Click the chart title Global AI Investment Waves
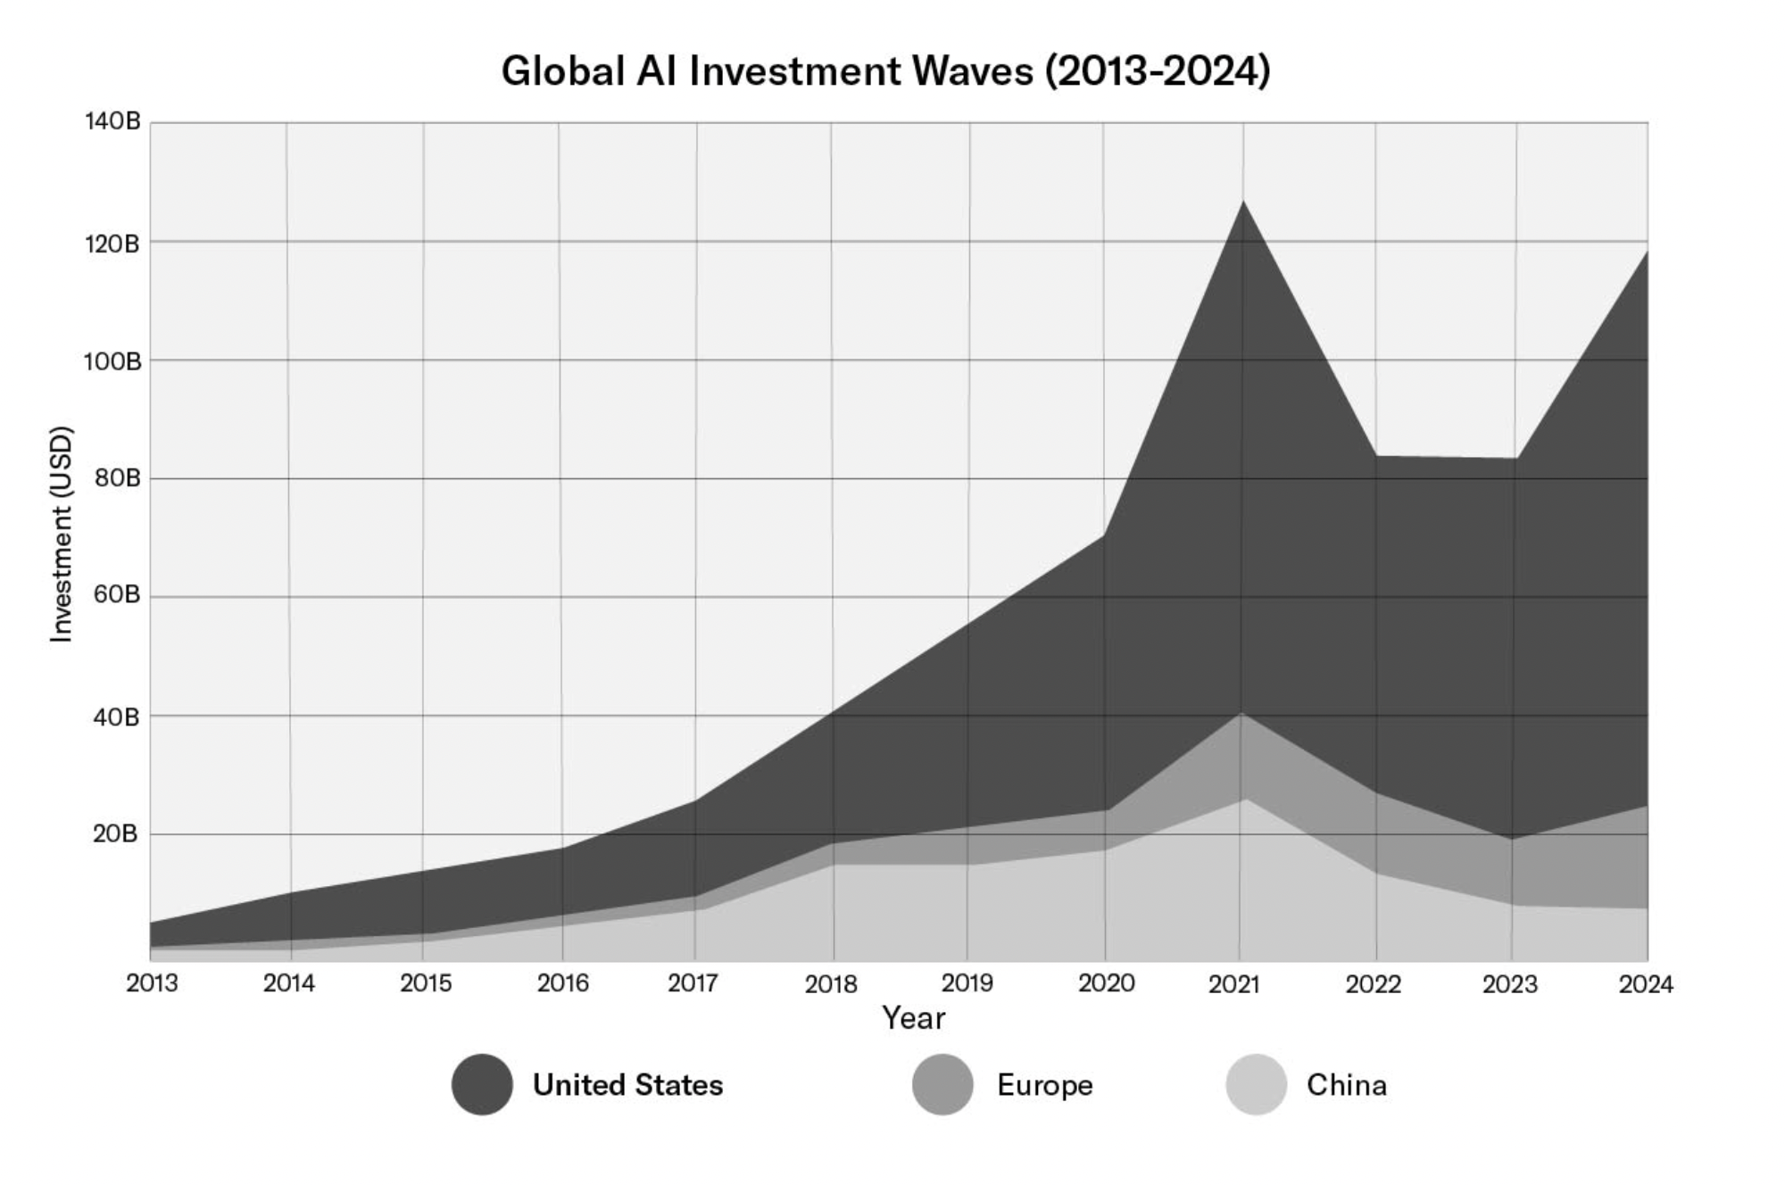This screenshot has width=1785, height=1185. coord(885,71)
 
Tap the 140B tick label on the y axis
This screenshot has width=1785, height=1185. coord(113,121)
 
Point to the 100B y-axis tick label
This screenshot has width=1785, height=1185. coord(113,361)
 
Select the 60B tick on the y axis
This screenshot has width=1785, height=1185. coord(117,595)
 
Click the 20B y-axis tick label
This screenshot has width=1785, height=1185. coord(116,834)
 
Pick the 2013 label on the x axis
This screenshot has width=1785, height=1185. coord(152,983)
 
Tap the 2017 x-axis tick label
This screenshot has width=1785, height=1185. coord(693,983)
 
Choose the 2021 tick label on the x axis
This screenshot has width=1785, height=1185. coord(1234,984)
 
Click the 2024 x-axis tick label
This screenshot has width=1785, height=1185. coord(1646,984)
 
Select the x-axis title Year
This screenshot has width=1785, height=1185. coord(913,1018)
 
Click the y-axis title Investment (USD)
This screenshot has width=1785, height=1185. coord(61,534)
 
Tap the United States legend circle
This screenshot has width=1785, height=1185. coord(482,1084)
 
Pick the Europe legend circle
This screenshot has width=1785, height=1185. coord(942,1084)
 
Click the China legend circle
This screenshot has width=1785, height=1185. coord(1256,1084)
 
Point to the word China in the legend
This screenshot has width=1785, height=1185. coord(1346,1085)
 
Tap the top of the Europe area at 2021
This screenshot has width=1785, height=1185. coord(1241,713)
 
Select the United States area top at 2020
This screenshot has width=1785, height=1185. coord(1105,534)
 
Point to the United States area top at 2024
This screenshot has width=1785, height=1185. coord(1647,252)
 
